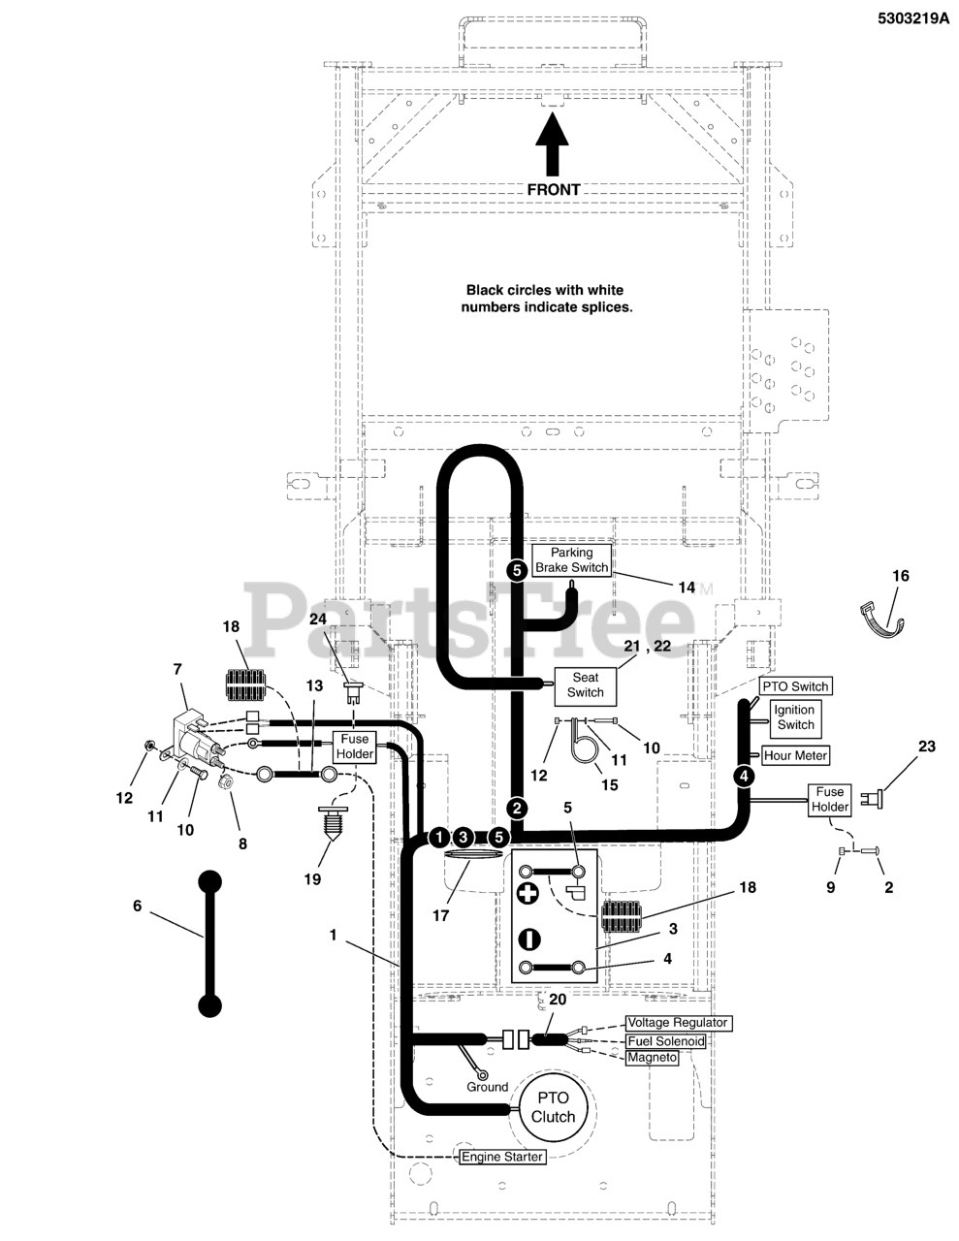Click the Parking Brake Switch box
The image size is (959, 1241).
pyautogui.click(x=572, y=560)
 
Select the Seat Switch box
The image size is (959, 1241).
pyautogui.click(x=585, y=684)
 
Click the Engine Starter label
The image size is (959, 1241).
pyautogui.click(x=502, y=1157)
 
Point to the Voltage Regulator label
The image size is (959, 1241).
pyautogui.click(x=678, y=1022)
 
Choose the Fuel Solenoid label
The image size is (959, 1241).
pyautogui.click(x=666, y=1040)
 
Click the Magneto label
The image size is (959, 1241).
pyautogui.click(x=653, y=1057)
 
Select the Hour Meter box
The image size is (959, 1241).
pyautogui.click(x=795, y=755)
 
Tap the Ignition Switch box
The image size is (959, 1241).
pyautogui.click(x=796, y=717)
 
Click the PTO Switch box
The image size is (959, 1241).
pyautogui.click(x=795, y=685)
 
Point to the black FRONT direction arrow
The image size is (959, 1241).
pyautogui.click(x=552, y=144)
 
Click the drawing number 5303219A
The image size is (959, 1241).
pyautogui.click(x=912, y=18)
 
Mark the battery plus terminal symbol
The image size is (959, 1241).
pyautogui.click(x=527, y=893)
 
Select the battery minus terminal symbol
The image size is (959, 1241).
pyautogui.click(x=529, y=939)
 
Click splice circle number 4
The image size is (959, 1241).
pyautogui.click(x=743, y=777)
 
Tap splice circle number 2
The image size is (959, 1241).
pyautogui.click(x=517, y=809)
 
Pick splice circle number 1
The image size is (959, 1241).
pyautogui.click(x=439, y=838)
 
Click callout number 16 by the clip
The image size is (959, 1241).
pyautogui.click(x=900, y=576)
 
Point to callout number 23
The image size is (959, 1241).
pyautogui.click(x=926, y=746)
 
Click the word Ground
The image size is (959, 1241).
pyautogui.click(x=487, y=1087)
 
